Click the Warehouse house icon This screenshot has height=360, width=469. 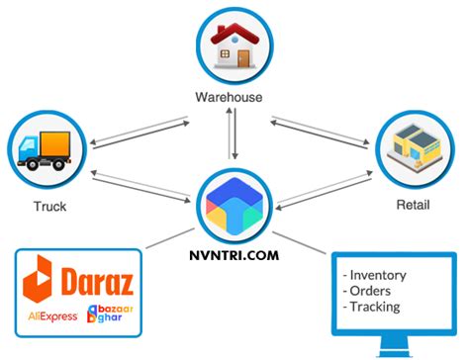pyautogui.click(x=234, y=45)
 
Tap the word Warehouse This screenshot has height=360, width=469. pyautogui.click(x=234, y=97)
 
